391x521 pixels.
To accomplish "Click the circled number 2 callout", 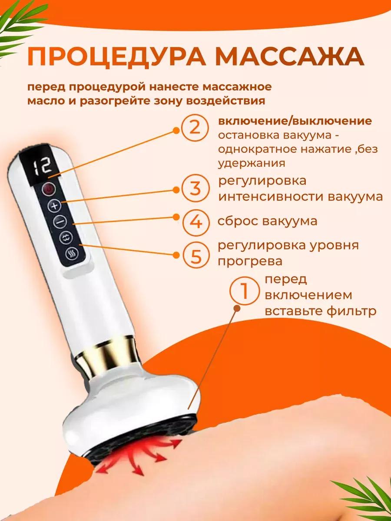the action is pyautogui.click(x=195, y=128).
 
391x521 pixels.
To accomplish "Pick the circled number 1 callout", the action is pyautogui.click(x=245, y=290).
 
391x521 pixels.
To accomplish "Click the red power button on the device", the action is pyautogui.click(x=49, y=189).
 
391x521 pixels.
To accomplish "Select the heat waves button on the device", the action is pyautogui.click(x=72, y=255).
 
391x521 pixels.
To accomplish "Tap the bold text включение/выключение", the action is pyautogui.click(x=295, y=121).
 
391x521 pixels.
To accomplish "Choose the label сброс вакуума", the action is pyautogui.click(x=268, y=221).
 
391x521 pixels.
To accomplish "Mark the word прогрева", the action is pyautogui.click(x=250, y=261).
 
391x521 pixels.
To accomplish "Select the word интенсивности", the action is pyautogui.click(x=270, y=197).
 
